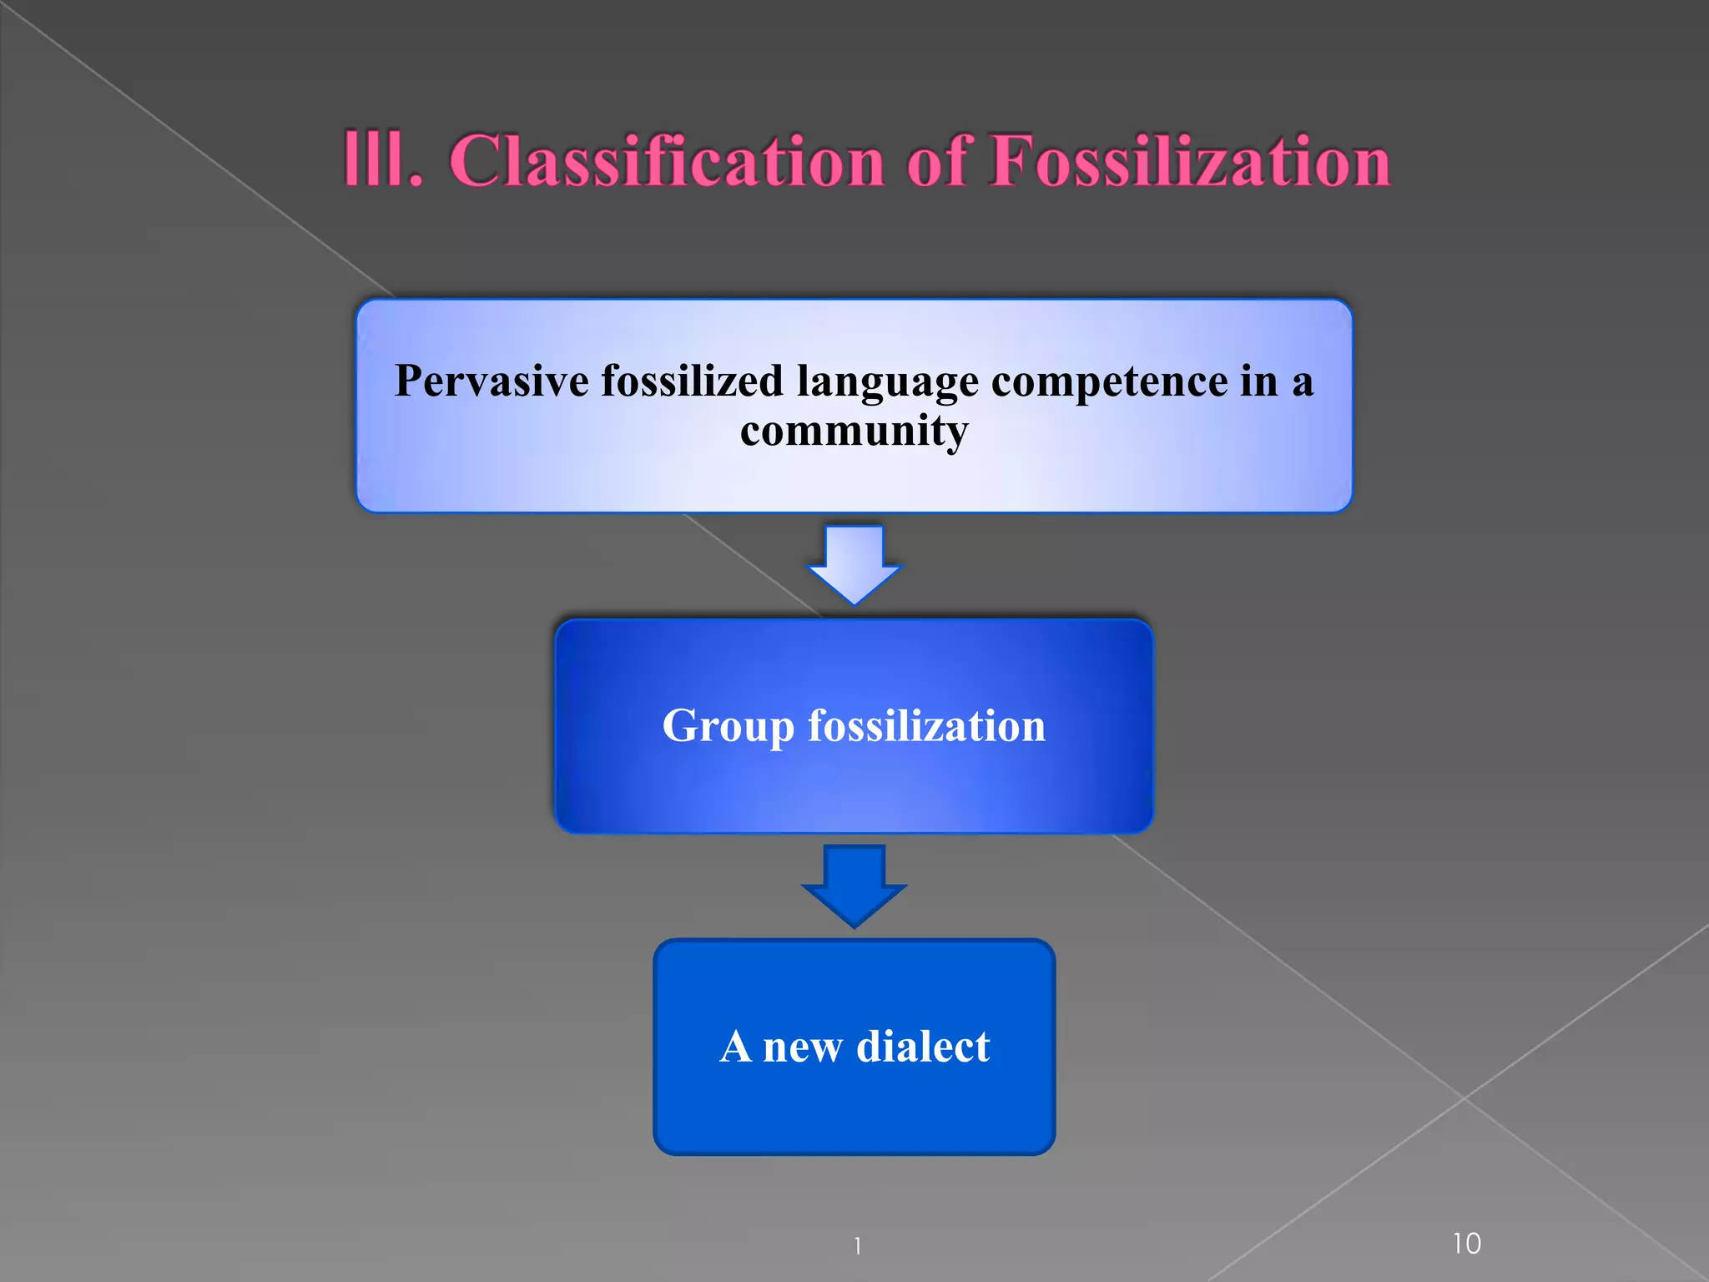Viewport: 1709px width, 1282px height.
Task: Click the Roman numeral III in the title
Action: (x=381, y=160)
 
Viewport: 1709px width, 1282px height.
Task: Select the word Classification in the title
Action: (x=667, y=160)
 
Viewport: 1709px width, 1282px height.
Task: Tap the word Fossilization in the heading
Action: (x=1190, y=160)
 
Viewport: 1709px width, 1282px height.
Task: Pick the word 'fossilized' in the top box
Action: (x=693, y=381)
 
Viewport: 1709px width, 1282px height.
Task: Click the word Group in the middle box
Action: (x=728, y=726)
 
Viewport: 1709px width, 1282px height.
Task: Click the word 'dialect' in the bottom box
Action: (x=923, y=1046)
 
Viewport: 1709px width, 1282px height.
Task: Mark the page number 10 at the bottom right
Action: (x=1466, y=1244)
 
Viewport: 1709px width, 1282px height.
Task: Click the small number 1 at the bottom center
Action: (x=857, y=1246)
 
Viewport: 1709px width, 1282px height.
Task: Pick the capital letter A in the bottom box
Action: (x=735, y=1046)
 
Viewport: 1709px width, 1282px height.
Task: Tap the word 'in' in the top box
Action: (x=1258, y=381)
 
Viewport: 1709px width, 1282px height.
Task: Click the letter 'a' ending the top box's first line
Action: (x=1303, y=384)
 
